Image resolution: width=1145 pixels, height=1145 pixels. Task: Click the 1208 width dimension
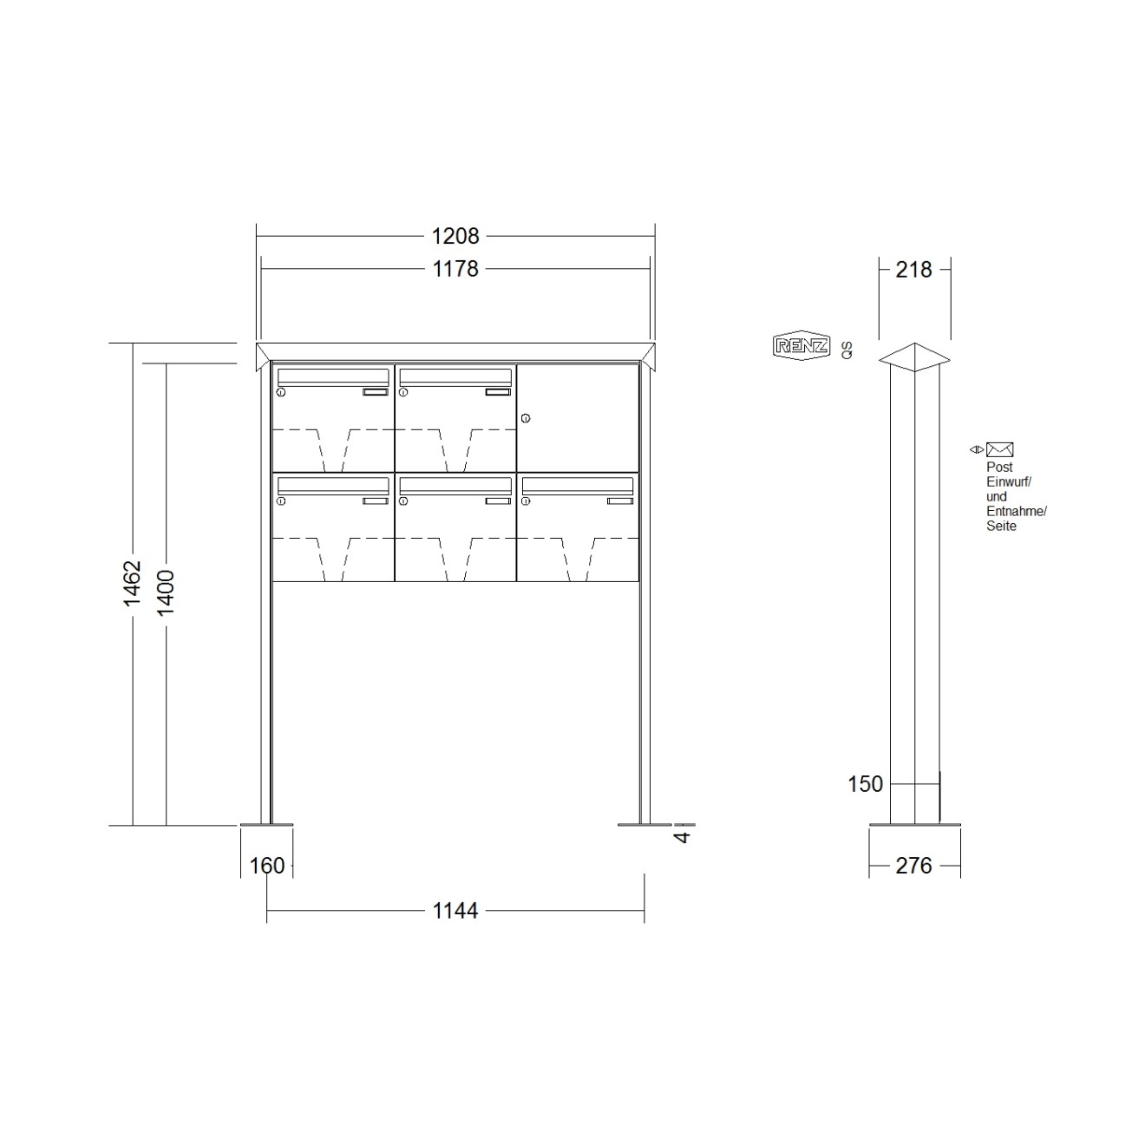tap(455, 237)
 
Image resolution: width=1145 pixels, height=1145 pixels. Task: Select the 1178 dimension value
tap(455, 269)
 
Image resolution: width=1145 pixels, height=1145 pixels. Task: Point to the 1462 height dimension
tap(132, 583)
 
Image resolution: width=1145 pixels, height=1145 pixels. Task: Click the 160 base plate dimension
tap(267, 866)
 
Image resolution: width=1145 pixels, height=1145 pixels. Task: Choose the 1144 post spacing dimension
tap(455, 910)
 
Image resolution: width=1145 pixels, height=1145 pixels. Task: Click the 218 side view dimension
tap(914, 270)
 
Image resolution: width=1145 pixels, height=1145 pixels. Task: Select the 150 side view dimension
tap(865, 784)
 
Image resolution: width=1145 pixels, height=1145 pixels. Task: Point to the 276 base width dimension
tap(914, 866)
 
